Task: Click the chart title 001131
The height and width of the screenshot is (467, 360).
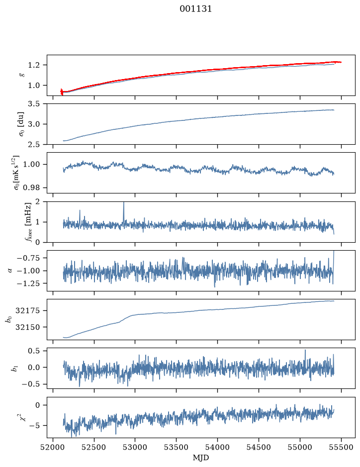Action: [195, 9]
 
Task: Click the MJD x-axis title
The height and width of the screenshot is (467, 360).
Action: [201, 458]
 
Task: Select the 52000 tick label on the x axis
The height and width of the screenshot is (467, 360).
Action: [53, 448]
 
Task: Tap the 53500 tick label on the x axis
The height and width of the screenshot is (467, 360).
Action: [177, 448]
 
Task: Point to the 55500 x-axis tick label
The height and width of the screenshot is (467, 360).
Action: [341, 448]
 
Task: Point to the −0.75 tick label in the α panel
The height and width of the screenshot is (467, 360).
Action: [28, 258]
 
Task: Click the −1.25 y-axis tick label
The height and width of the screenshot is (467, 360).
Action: [28, 283]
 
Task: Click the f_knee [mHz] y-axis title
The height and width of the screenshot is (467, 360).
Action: [28, 222]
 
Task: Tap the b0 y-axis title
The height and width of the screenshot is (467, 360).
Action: [9, 319]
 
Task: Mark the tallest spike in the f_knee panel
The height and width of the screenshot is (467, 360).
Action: [124, 203]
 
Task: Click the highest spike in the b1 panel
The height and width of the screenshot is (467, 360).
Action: [305, 350]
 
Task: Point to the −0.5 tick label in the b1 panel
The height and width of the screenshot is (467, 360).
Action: [30, 384]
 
